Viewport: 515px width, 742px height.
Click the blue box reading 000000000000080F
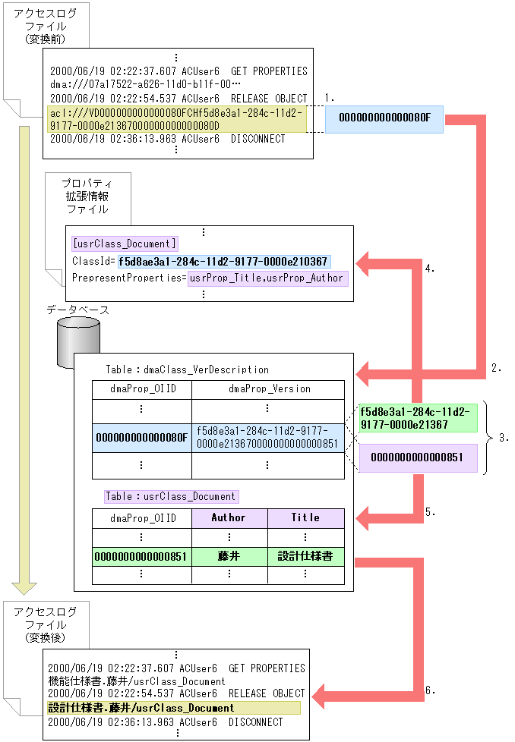click(384, 118)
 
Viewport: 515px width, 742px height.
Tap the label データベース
click(77, 310)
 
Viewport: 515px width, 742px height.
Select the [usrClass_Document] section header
click(125, 244)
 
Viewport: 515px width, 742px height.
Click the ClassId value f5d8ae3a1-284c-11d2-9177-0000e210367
click(224, 261)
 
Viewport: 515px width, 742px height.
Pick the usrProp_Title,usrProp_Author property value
click(267, 278)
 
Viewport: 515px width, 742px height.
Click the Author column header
click(229, 518)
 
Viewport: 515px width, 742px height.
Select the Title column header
click(305, 518)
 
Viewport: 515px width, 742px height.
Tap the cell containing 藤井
click(229, 556)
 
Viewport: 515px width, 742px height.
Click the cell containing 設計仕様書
click(305, 556)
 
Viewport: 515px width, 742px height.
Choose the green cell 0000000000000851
click(141, 556)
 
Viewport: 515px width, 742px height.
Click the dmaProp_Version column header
click(269, 388)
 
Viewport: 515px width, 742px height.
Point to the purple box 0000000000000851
click(418, 457)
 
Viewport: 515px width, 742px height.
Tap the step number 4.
click(429, 269)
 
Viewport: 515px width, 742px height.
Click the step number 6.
click(430, 690)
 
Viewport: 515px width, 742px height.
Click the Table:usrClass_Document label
click(171, 496)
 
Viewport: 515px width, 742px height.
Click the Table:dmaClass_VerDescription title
click(187, 369)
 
